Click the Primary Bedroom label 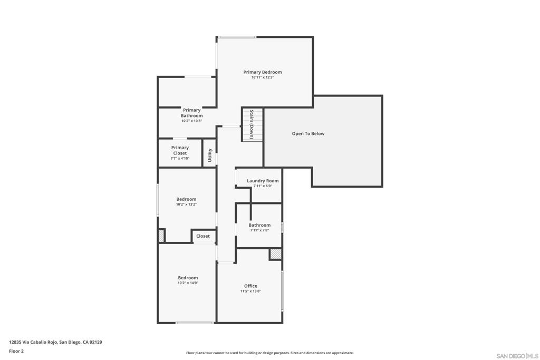(262, 72)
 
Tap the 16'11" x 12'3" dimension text (262, 77)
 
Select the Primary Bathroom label (191, 113)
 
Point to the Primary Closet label (180, 150)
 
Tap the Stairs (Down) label (252, 124)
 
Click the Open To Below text (308, 134)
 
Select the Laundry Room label (263, 181)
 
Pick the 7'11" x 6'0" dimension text (263, 186)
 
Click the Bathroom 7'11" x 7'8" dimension (259, 230)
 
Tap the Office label (250, 286)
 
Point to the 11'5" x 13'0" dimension (250, 291)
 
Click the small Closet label (203, 236)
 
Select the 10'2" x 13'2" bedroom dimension (186, 205)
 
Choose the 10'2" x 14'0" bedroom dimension (188, 283)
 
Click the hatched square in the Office (275, 254)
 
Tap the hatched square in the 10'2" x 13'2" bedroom (161, 236)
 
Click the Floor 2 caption (16, 351)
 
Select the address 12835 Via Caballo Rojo (55, 342)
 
